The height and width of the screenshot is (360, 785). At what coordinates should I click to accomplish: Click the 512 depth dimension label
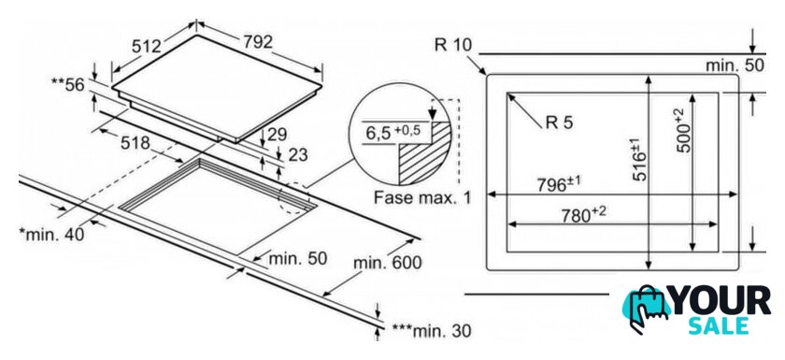click(147, 46)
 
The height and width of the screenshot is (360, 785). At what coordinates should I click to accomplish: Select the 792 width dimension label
click(258, 41)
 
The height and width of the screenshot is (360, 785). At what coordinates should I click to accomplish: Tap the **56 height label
click(68, 85)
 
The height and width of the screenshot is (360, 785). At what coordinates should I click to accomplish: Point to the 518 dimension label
click(136, 143)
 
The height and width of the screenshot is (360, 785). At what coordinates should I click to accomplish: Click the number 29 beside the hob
click(277, 135)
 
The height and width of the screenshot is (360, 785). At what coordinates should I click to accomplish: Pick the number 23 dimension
click(298, 154)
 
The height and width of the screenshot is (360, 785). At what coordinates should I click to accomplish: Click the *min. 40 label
click(52, 234)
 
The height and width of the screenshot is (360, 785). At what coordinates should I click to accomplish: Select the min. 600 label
click(387, 263)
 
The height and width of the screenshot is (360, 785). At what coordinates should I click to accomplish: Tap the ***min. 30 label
click(432, 331)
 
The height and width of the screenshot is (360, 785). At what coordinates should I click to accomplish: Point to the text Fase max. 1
click(422, 197)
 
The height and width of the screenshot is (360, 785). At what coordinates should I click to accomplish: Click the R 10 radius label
click(452, 46)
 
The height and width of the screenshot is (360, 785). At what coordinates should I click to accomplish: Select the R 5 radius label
click(559, 122)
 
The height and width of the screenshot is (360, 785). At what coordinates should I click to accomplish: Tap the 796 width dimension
click(559, 184)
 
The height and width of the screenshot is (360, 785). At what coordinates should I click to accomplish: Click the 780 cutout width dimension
click(583, 214)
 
